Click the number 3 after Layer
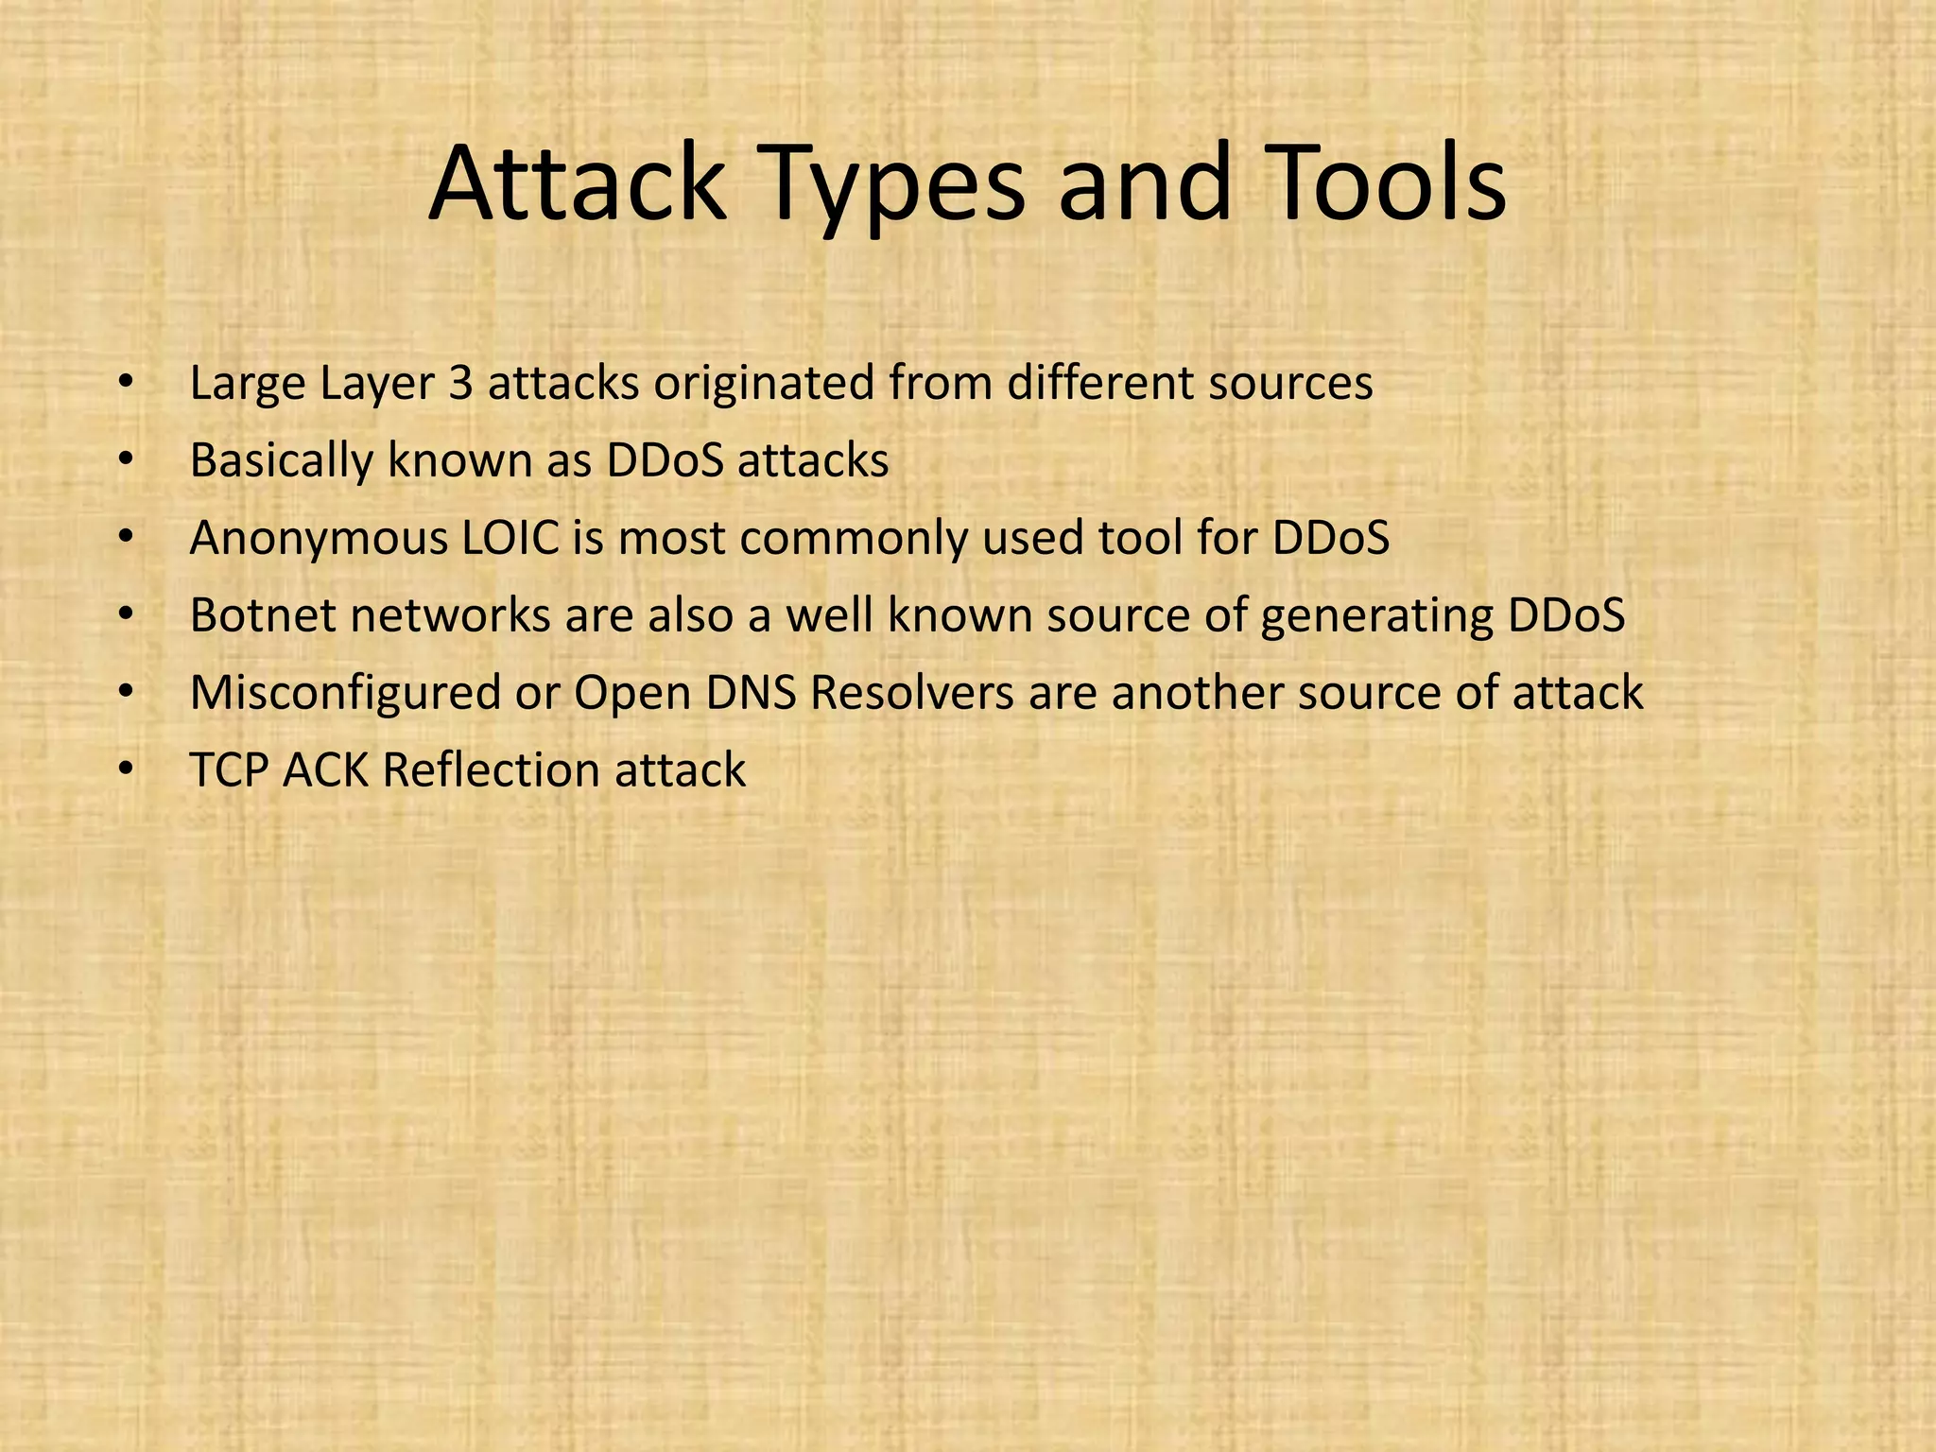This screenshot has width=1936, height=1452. coord(460,384)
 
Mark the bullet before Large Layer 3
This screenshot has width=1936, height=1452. coord(126,385)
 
